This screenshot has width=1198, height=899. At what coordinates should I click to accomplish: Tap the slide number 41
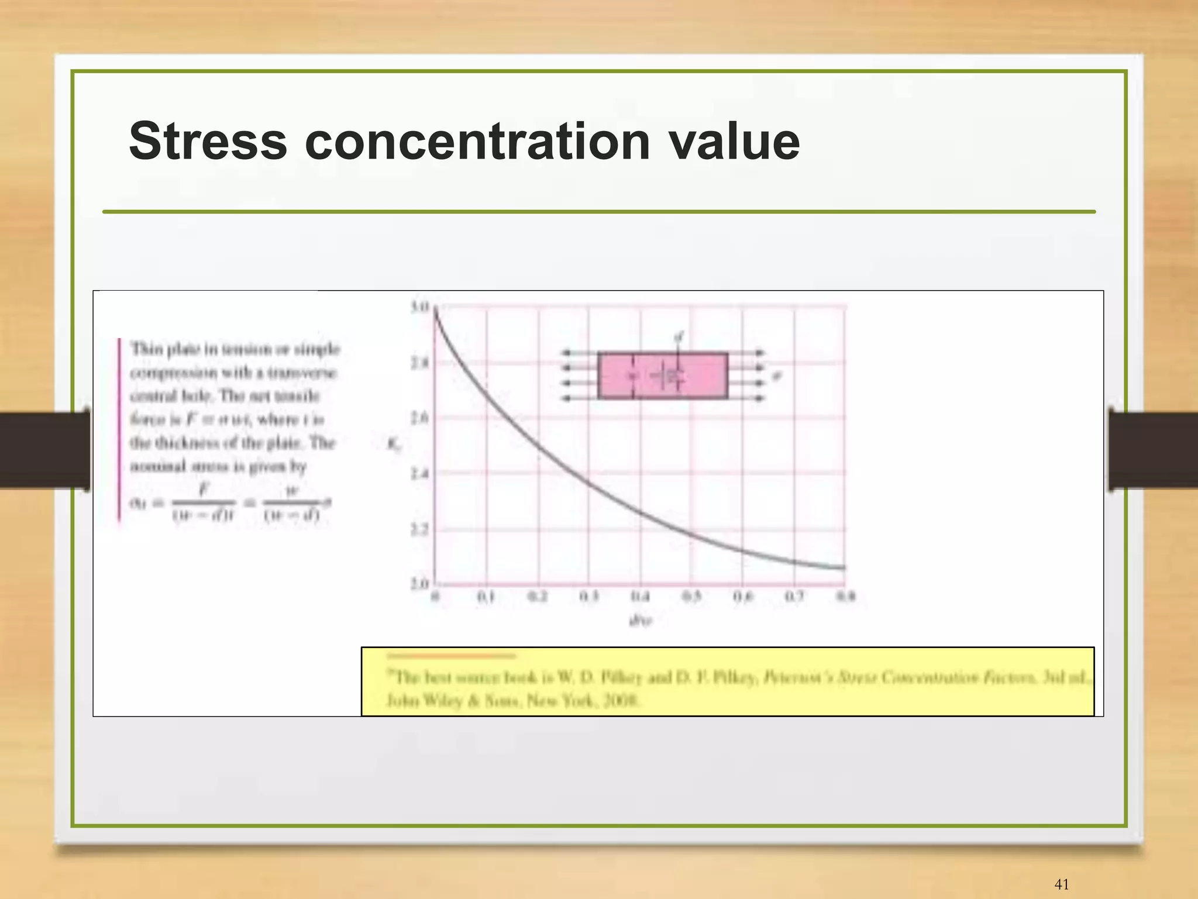coord(1061,884)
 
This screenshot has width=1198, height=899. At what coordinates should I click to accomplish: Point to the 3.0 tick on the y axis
coord(420,306)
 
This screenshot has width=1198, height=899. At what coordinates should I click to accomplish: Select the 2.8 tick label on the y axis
coord(420,363)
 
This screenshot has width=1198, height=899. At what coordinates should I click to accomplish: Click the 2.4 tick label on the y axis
coord(420,473)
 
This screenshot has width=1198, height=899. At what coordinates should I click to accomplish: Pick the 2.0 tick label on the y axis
coord(420,583)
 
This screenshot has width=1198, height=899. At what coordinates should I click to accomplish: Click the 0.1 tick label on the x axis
coord(486,597)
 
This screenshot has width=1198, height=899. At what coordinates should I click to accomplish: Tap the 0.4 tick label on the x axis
coord(640,597)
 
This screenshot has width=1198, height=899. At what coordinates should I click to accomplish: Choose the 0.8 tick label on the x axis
coord(846,597)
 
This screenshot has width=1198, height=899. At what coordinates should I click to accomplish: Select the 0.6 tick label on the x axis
coord(742,597)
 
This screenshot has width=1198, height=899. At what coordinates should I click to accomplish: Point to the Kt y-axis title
coord(394,445)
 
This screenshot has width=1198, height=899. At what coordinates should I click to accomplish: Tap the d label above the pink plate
coord(679,337)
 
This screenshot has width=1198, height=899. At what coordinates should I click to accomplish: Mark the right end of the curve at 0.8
coord(844,567)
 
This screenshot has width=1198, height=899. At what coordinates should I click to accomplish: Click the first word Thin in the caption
coord(146,349)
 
